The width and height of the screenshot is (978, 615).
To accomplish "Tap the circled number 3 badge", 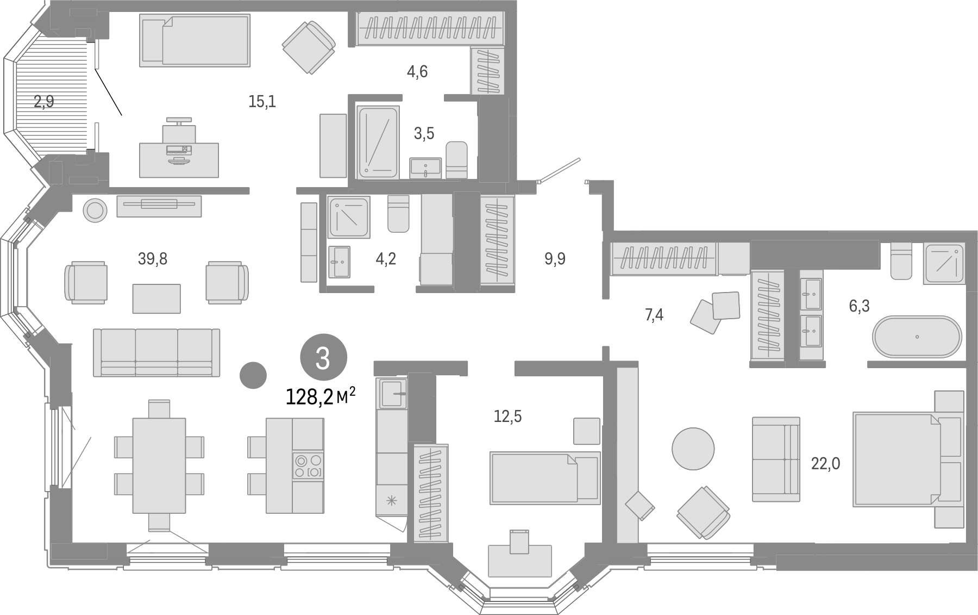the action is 323,359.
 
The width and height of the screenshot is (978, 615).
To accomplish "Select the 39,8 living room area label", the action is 153,259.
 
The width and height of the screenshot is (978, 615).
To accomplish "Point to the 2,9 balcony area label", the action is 44,101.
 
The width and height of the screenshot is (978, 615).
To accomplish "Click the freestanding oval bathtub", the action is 917,337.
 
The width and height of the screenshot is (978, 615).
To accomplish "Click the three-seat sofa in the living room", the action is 156,352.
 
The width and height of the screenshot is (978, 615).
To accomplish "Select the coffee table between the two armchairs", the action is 156,299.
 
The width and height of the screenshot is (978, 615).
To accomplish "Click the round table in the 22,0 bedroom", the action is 693,449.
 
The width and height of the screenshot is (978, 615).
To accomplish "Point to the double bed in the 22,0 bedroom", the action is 908,459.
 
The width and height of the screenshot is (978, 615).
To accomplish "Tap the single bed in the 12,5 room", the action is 545,477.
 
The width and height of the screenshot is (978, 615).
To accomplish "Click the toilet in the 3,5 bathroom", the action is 456,160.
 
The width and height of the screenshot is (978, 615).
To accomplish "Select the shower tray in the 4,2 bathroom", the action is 349,218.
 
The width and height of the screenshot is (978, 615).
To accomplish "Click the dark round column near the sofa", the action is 253,375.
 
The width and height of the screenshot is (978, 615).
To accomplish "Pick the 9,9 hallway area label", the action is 555,259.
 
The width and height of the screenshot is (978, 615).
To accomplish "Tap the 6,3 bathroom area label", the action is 860,306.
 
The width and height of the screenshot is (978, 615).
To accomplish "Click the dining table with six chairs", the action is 159,465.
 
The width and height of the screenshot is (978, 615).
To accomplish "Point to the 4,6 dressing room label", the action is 417,71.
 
